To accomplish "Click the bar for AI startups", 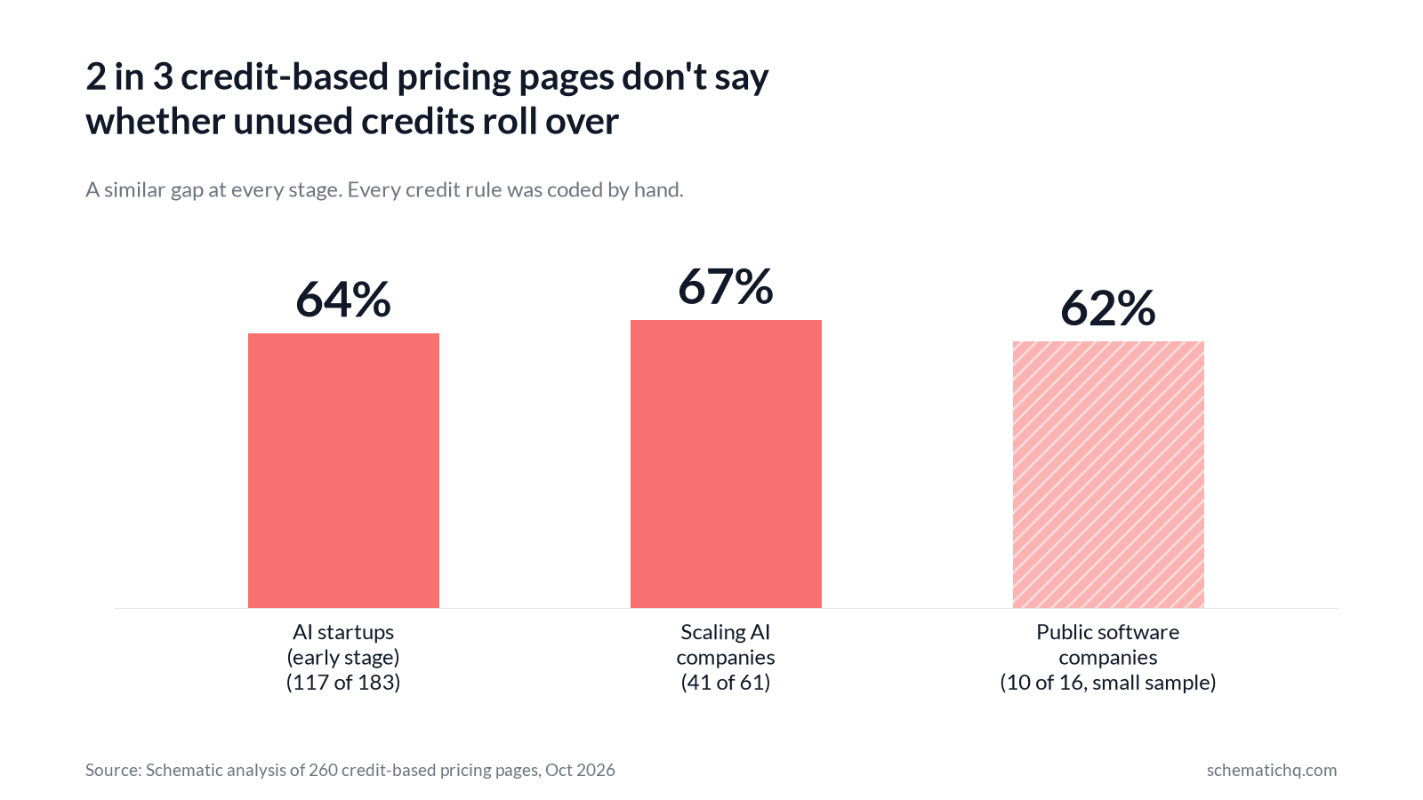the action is (343, 470).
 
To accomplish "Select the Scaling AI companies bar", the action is (726, 464).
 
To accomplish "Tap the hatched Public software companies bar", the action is (1108, 475).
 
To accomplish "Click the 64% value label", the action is (343, 300).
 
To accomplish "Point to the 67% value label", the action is (726, 286).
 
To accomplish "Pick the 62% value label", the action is (1108, 308).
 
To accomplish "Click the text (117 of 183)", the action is (343, 683).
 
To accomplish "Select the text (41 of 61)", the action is (726, 683).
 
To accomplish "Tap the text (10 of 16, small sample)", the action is (1108, 683).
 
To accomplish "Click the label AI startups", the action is (343, 632).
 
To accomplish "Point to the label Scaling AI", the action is (726, 632).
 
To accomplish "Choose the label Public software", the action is (1108, 632).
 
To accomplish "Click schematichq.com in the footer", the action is (1272, 770).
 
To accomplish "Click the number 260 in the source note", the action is (324, 770).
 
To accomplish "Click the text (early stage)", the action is (343, 658).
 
